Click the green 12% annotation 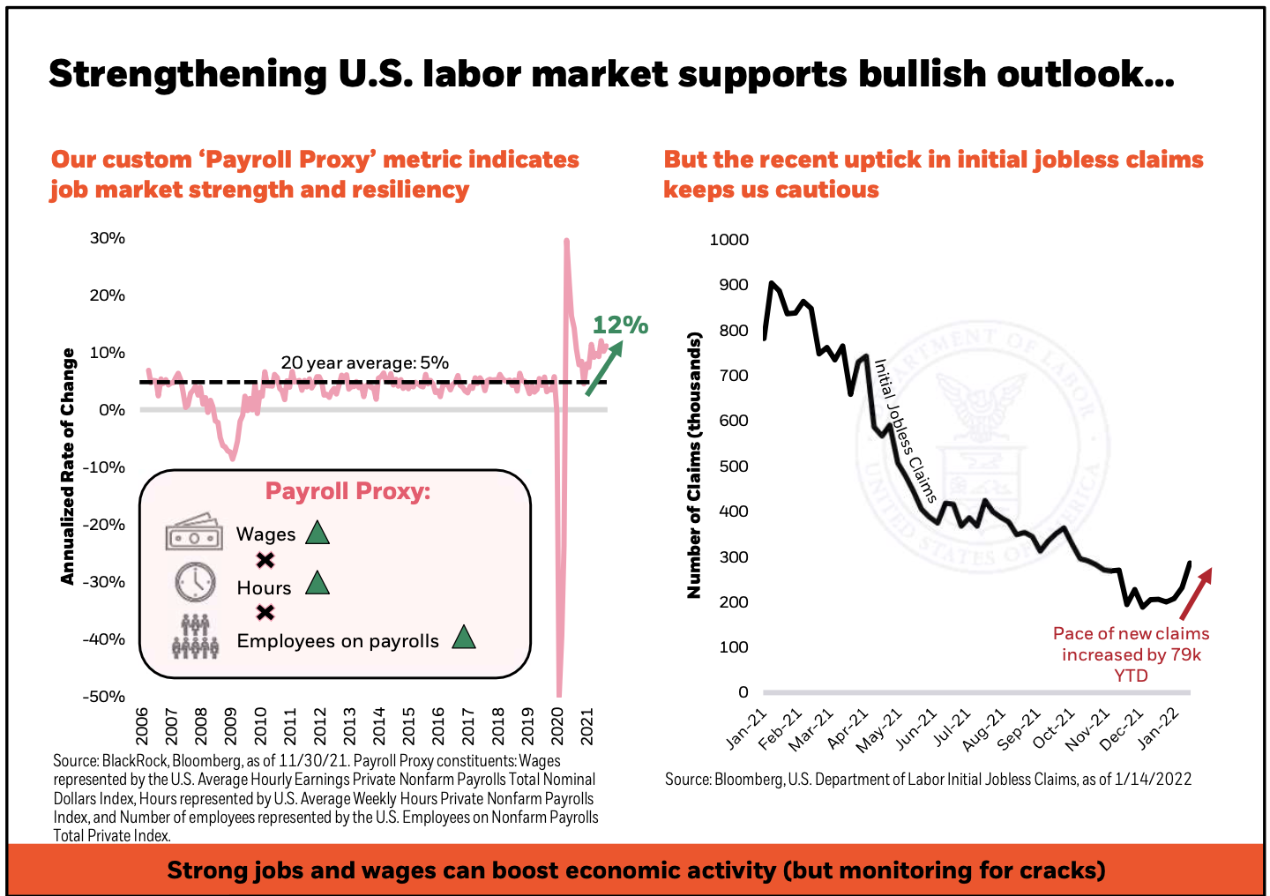point(620,325)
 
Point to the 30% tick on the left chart point(108,238)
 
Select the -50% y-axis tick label point(104,697)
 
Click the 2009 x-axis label point(231,726)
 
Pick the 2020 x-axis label point(557,726)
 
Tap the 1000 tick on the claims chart point(729,240)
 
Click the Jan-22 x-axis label point(1159,728)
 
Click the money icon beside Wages point(193,532)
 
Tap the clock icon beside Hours point(195,582)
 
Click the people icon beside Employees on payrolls point(195,636)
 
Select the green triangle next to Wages point(317,533)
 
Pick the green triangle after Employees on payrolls point(464,638)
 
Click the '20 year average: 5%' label point(365,362)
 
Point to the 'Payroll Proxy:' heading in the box point(348,491)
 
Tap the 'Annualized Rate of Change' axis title point(68,466)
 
